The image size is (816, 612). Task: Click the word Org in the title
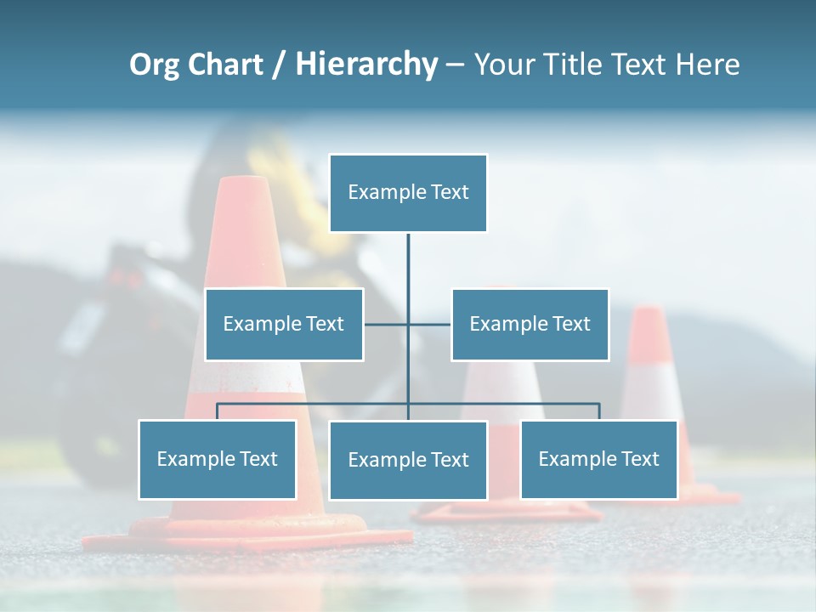(155, 65)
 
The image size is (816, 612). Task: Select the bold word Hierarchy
(366, 65)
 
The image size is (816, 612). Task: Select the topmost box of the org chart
(408, 193)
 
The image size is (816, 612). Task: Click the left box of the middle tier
(284, 324)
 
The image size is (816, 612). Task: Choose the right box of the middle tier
(530, 324)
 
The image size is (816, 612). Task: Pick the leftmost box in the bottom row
(217, 459)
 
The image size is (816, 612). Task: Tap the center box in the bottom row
(408, 460)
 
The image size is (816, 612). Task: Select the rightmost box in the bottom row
(598, 459)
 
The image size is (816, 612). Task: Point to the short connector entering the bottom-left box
(217, 411)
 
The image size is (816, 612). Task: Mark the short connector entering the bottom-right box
(598, 411)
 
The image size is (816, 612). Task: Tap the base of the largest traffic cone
(246, 535)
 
